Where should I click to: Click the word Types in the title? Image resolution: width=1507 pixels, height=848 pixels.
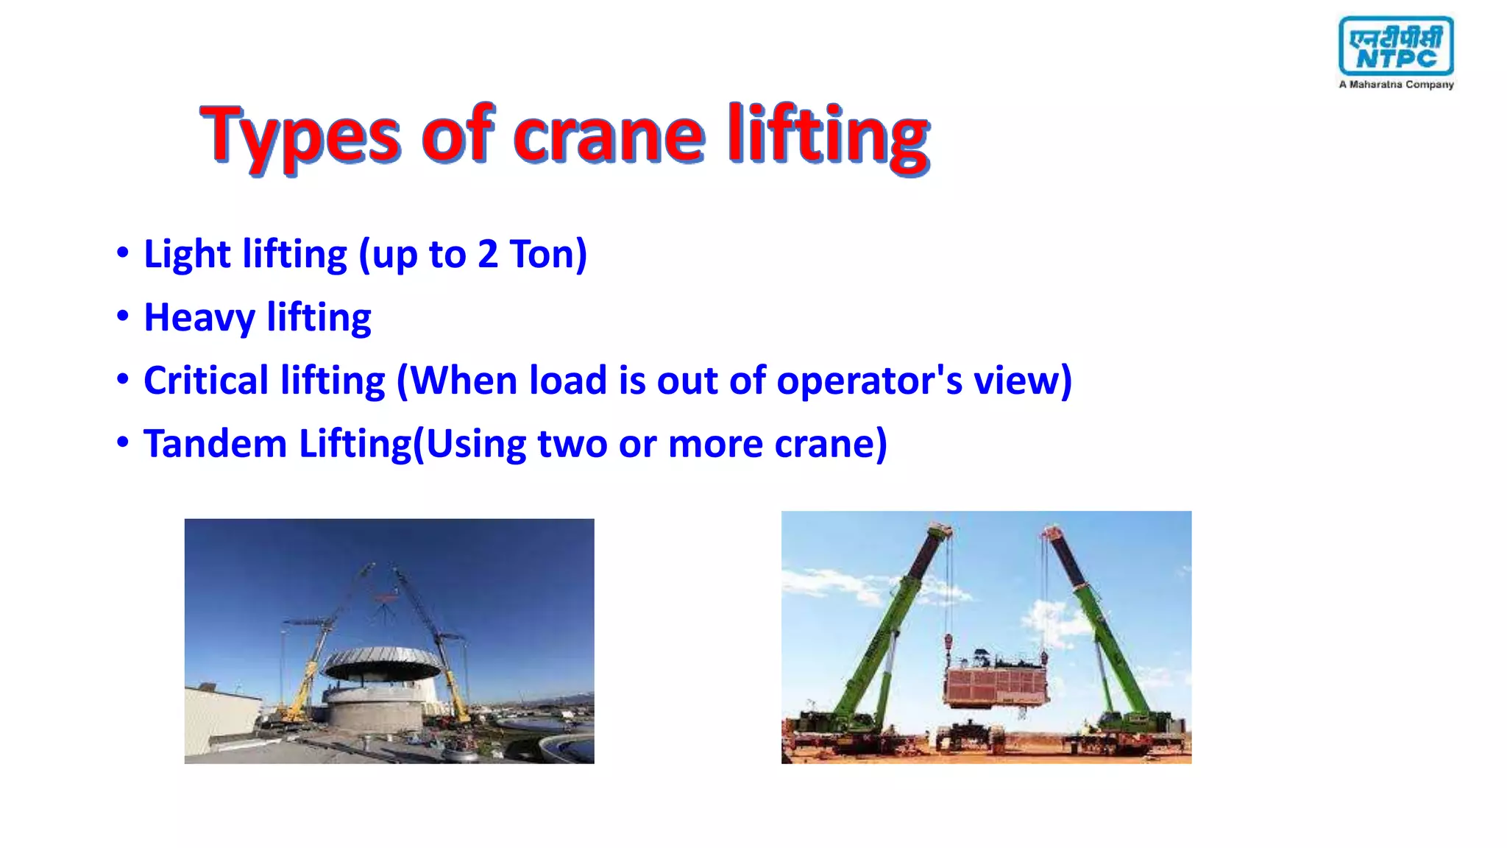point(300,137)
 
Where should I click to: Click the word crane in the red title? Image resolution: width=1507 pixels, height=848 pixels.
point(608,137)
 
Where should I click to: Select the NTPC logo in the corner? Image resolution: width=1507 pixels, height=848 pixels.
point(1396,46)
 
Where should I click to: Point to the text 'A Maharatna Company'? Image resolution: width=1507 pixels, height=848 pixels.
point(1396,85)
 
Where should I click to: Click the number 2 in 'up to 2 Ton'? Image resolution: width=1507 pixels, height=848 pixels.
point(487,255)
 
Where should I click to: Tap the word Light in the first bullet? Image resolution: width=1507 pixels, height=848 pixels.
point(187,255)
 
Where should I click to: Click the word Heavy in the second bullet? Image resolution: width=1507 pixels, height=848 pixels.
point(199,318)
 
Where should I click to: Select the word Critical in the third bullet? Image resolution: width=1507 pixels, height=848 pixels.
point(206,381)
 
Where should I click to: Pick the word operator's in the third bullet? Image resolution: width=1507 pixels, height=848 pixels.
point(869,381)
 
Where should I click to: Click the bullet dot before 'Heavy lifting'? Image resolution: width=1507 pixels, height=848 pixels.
point(123,317)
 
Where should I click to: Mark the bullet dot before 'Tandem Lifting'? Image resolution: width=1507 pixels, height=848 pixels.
point(123,443)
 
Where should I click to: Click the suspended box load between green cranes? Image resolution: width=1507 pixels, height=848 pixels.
point(995,685)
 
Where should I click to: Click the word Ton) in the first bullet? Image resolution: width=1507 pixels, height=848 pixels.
point(548,255)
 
